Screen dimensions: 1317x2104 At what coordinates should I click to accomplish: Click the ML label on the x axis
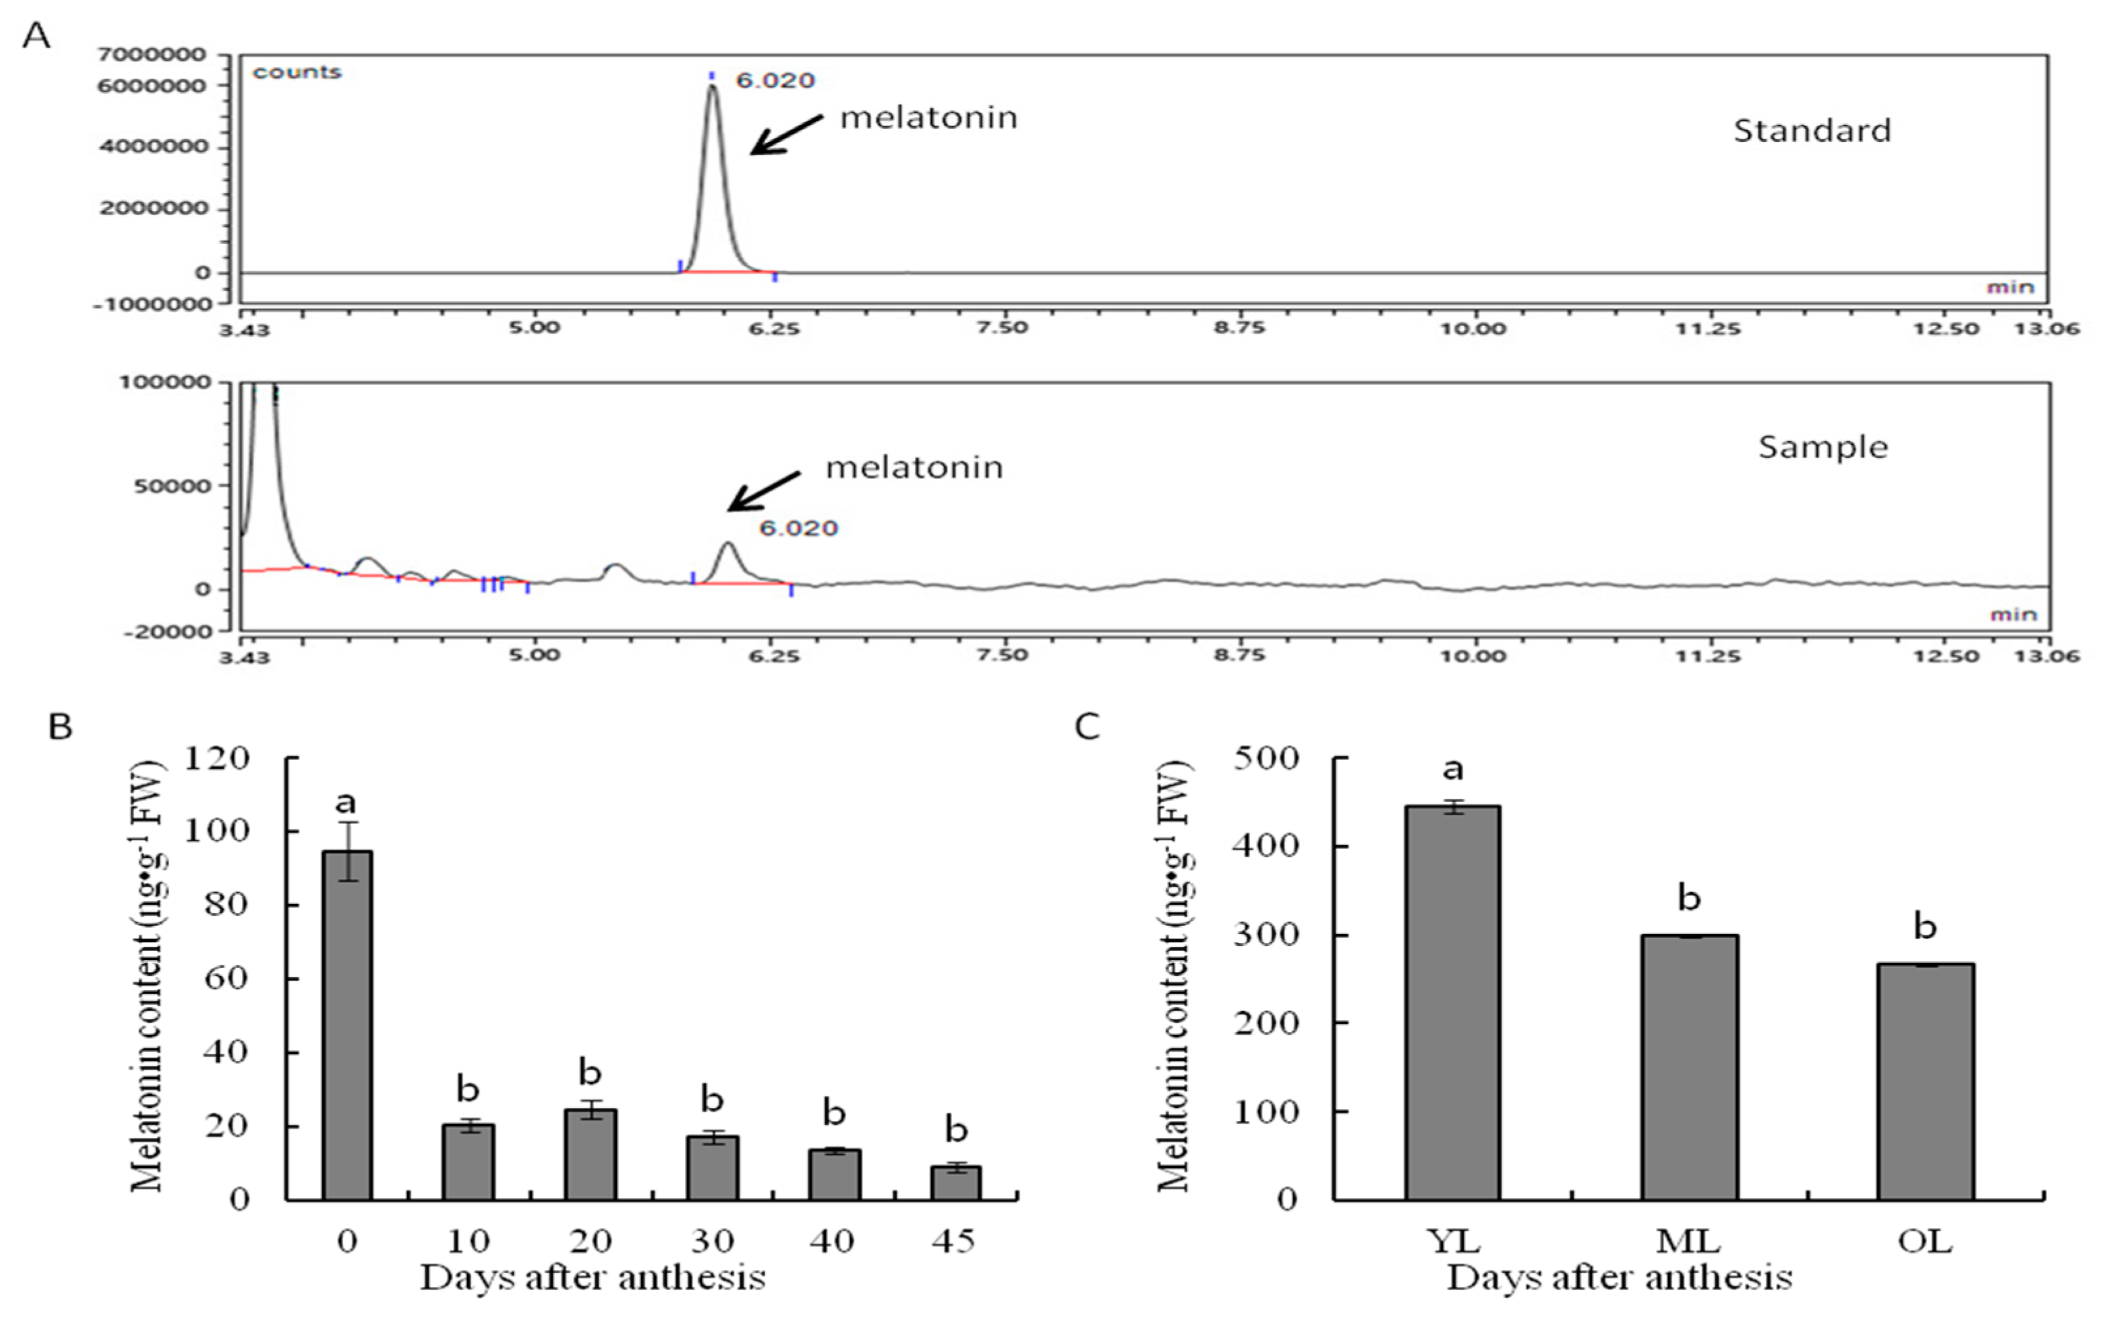[1688, 1241]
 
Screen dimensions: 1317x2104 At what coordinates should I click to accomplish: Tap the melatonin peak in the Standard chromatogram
[712, 175]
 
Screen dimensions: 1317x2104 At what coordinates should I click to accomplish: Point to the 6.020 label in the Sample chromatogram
[798, 528]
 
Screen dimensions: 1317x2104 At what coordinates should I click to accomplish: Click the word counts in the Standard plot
[297, 73]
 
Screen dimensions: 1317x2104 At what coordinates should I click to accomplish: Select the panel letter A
[36, 37]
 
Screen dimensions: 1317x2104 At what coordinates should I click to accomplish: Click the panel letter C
[1087, 725]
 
